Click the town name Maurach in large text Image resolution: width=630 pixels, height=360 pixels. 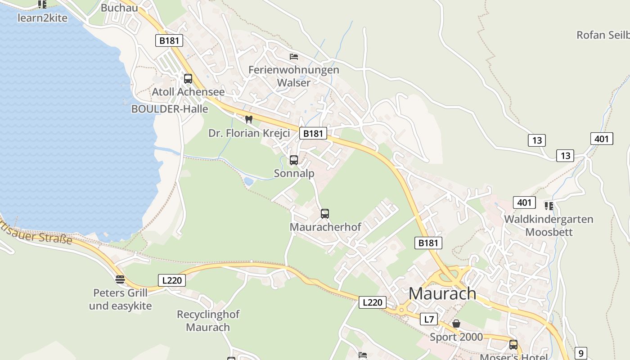[442, 293]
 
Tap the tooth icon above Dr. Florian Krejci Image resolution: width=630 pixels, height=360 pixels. [248, 120]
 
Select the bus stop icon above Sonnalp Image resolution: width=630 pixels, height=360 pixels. [294, 160]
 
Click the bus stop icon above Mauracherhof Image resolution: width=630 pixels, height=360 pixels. [325, 214]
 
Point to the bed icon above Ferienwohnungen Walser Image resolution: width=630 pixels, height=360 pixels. [294, 57]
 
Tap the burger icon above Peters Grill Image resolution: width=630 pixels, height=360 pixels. [120, 279]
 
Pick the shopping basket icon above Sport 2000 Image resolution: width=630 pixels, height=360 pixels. [456, 324]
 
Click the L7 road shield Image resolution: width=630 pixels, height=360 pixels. [429, 319]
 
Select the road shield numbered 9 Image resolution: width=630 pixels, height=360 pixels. [581, 353]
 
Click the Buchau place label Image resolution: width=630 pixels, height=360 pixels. [119, 8]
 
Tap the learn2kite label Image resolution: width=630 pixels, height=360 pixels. [42, 18]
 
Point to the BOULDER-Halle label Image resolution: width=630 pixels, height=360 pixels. [170, 109]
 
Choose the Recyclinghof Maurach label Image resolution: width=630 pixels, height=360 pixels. [208, 320]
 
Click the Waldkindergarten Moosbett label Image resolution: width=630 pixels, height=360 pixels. [549, 225]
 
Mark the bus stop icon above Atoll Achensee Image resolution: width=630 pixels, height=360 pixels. [188, 79]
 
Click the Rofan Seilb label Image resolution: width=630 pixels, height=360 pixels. [603, 35]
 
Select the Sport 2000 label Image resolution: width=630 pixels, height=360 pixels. [456, 337]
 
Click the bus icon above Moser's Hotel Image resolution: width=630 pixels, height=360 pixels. [513, 345]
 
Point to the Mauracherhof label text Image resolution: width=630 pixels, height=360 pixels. [325, 227]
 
